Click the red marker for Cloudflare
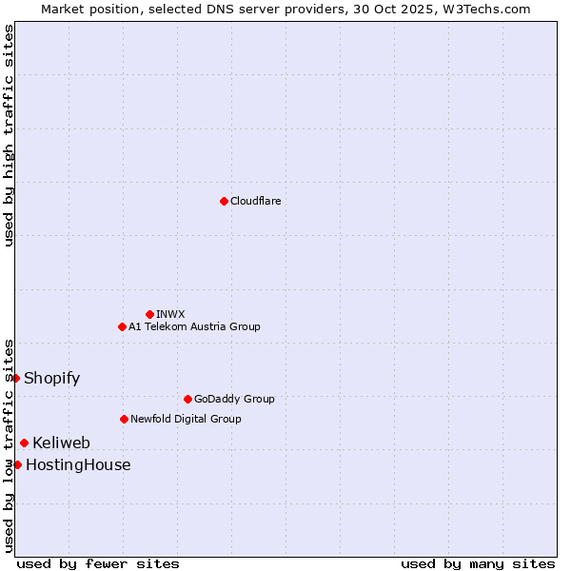point(224,201)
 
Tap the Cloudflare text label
point(255,201)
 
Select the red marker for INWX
point(149,314)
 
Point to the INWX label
point(170,314)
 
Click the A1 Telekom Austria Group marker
point(122,326)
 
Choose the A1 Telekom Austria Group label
point(194,326)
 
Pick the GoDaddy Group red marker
point(187,399)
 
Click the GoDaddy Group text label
point(233,399)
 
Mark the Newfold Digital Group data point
point(124,419)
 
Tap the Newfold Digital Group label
point(186,419)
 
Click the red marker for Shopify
point(16,378)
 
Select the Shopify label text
point(51,378)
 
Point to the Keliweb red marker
point(24,443)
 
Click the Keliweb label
point(61,443)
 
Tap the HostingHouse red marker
point(17,464)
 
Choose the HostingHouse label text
point(78,464)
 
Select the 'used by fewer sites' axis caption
point(98,563)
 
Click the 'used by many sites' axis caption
point(478,563)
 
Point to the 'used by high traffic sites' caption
point(9,135)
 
